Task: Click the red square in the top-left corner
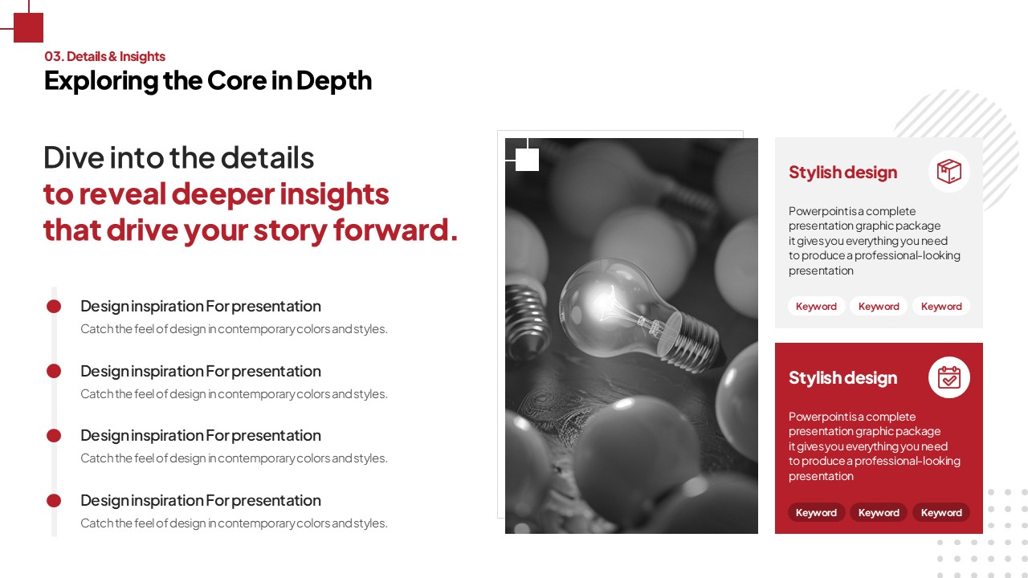point(28,27)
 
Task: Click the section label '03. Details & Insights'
point(104,56)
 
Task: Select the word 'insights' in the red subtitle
point(334,194)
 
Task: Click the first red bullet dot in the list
point(54,307)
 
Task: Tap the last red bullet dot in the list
point(54,500)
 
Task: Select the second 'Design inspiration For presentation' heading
point(201,372)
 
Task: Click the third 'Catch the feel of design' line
point(234,458)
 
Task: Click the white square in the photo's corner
point(527,160)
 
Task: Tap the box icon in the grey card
point(949,171)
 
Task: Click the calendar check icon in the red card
point(949,377)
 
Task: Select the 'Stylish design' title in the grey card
point(842,173)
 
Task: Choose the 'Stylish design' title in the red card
point(842,378)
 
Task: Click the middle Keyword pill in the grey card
point(879,307)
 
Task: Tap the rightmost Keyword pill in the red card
point(941,512)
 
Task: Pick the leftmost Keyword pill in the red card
point(816,512)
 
